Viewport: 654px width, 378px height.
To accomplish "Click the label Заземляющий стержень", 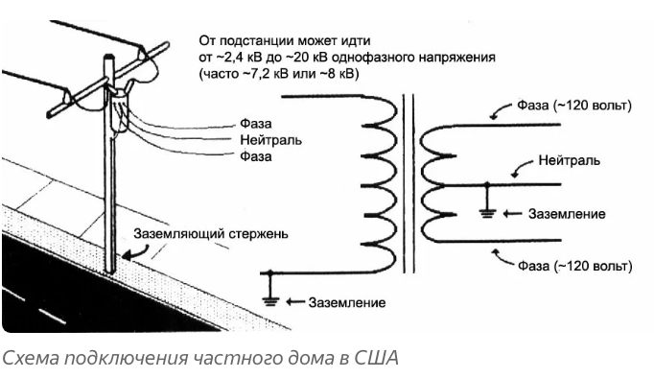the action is [211, 234].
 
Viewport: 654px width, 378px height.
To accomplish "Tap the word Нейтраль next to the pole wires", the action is [270, 140].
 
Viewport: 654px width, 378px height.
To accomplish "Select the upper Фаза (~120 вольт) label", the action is [574, 106].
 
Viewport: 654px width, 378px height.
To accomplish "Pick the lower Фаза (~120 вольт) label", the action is [574, 266].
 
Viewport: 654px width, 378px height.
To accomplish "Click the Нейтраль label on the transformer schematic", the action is [570, 160].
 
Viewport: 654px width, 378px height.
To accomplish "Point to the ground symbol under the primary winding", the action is [270, 295].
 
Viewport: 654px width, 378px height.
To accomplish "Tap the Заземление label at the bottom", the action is [347, 302].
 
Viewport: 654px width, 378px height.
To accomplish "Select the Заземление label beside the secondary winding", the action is [567, 214].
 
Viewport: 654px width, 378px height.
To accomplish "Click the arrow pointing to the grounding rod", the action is [138, 253].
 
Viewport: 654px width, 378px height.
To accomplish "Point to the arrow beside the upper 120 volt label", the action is [501, 111].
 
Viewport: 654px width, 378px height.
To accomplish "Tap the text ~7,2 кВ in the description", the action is [266, 74].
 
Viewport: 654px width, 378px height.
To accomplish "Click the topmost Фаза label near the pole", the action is [256, 124].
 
